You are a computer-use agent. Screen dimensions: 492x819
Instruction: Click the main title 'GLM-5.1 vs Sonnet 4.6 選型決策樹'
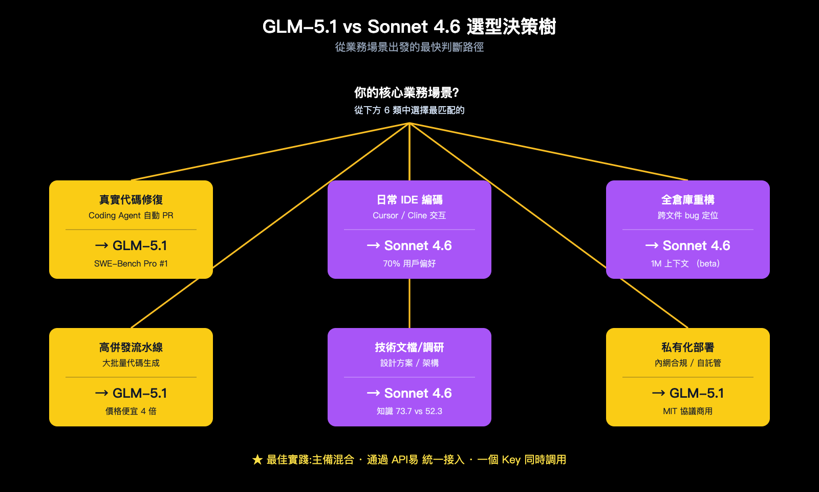tap(409, 27)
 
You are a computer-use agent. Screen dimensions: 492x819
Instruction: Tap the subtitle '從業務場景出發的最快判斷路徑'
tap(409, 47)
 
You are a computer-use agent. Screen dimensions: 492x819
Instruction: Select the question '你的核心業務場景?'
tap(406, 93)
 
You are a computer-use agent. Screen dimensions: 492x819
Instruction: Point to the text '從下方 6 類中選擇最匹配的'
tap(409, 110)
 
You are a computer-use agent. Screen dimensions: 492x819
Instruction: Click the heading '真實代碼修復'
tap(131, 200)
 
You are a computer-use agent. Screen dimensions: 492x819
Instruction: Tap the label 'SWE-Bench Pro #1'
tap(131, 263)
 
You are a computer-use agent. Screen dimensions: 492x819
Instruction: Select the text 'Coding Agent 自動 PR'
tap(131, 215)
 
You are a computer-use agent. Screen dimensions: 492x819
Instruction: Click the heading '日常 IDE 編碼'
tap(409, 200)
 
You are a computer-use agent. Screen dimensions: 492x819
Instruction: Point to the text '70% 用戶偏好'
tap(409, 263)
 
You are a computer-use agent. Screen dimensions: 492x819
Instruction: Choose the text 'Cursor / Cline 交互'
tap(409, 215)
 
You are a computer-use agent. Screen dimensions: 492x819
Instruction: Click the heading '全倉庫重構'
tap(687, 200)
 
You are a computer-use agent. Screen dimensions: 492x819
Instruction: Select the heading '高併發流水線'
tap(131, 347)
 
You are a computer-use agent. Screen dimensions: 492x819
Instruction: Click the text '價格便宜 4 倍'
tap(131, 411)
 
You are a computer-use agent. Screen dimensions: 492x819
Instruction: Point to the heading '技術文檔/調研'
tap(409, 347)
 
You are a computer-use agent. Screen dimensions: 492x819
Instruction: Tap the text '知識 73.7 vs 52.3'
tap(409, 411)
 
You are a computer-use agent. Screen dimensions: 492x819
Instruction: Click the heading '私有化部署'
tap(687, 347)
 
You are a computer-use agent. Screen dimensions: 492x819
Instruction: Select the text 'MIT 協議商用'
tap(687, 411)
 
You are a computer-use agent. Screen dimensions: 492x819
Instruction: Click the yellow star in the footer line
tap(257, 460)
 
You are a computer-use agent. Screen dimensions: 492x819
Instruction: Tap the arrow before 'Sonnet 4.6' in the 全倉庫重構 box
tap(652, 246)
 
